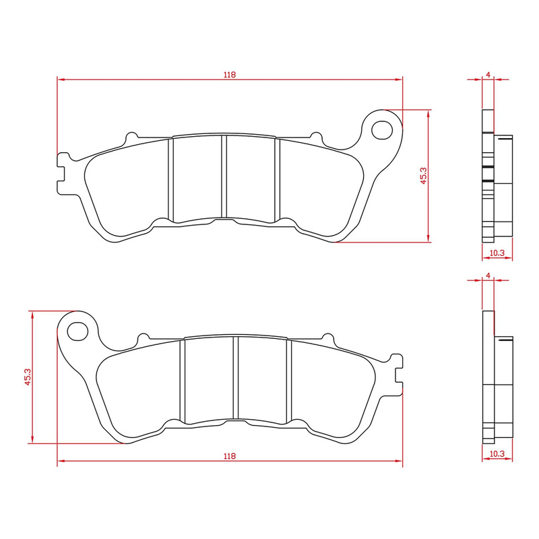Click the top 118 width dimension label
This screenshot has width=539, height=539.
(x=230, y=75)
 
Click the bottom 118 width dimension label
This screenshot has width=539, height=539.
(x=230, y=456)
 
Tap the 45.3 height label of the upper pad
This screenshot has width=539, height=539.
(x=423, y=176)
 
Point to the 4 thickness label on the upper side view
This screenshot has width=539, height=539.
(x=488, y=74)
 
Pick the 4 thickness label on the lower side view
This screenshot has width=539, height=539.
(x=488, y=276)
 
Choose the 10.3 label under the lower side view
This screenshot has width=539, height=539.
(x=497, y=454)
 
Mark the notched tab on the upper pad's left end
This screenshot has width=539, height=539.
(x=63, y=166)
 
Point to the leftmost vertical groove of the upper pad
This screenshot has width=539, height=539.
(x=171, y=179)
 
